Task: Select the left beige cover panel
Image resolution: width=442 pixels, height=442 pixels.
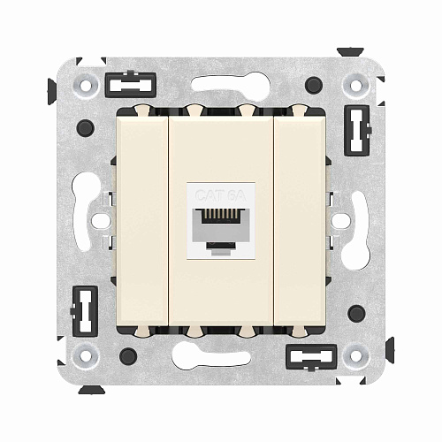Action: pos(142,220)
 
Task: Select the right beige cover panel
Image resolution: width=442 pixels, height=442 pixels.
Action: pos(299,220)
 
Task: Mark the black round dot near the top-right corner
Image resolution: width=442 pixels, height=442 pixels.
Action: pos(313,86)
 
